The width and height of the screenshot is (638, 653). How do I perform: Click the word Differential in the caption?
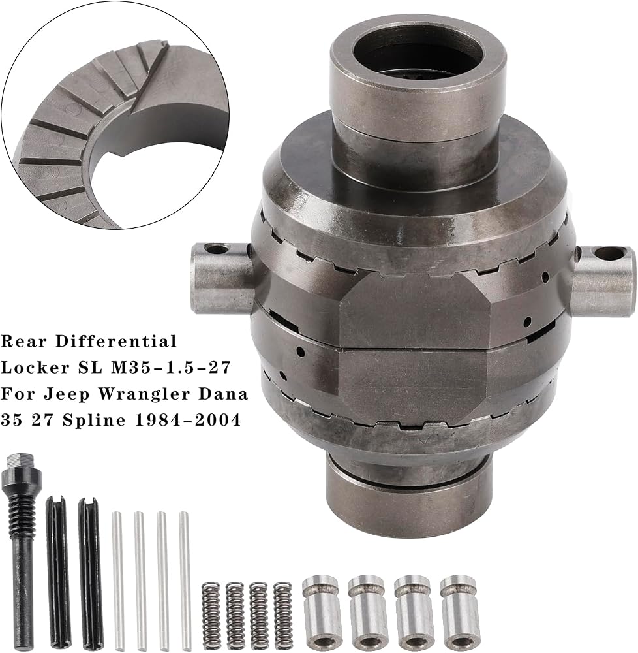[x=116, y=342]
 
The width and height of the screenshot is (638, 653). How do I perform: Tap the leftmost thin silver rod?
[x=118, y=575]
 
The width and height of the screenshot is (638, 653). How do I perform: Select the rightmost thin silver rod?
[x=185, y=575]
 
